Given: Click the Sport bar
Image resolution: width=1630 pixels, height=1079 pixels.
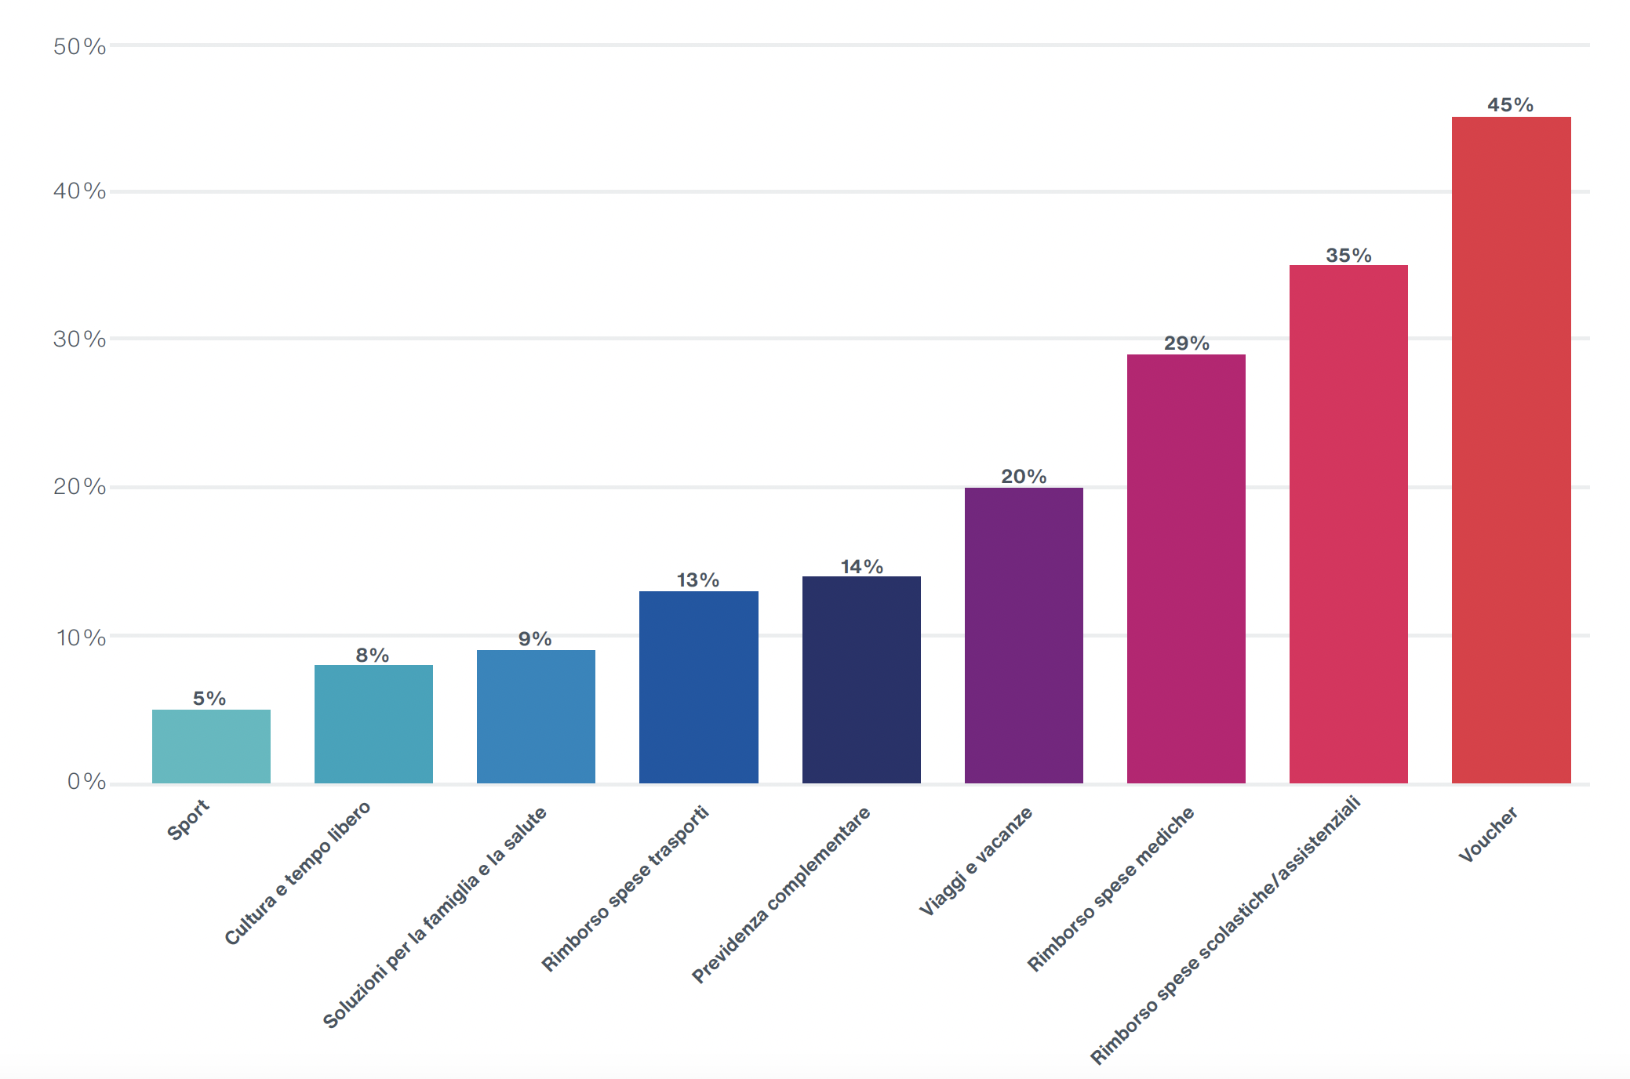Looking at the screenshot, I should tap(211, 746).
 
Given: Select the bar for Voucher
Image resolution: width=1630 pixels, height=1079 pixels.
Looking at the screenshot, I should tap(1511, 450).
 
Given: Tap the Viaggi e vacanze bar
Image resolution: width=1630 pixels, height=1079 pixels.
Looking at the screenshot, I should tap(1024, 635).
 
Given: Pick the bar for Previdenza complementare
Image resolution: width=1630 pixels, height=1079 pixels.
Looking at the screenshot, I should tap(861, 679).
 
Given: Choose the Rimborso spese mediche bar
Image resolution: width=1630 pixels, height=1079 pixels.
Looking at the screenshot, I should tap(1186, 569).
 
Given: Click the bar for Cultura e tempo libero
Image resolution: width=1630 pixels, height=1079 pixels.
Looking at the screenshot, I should tap(373, 724).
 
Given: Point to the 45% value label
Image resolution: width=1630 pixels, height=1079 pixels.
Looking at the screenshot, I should tap(1510, 105).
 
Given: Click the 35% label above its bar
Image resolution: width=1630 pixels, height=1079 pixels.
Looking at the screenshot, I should tap(1348, 256).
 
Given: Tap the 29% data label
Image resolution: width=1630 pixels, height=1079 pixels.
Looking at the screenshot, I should tap(1186, 343).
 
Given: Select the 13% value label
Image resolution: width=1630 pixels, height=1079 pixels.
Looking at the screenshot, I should tap(698, 580).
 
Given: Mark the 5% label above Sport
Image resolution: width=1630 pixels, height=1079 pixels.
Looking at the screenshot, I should tap(209, 699).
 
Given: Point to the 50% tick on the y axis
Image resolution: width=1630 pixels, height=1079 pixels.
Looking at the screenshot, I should tap(79, 47).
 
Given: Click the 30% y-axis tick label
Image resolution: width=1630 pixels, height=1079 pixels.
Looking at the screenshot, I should tap(79, 340).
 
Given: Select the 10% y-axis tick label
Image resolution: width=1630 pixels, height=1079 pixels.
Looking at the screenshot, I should tap(80, 638).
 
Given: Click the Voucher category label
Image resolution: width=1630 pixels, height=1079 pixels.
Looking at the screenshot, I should tap(1488, 835).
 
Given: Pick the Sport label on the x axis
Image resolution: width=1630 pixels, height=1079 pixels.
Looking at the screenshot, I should tap(188, 820).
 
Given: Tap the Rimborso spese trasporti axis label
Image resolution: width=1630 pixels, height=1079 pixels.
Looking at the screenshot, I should tap(625, 888).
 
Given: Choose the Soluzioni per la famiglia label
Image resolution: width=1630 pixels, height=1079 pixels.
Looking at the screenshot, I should tap(435, 918).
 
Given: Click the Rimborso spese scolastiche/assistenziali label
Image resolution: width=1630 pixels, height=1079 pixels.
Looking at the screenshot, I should tap(1225, 931).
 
